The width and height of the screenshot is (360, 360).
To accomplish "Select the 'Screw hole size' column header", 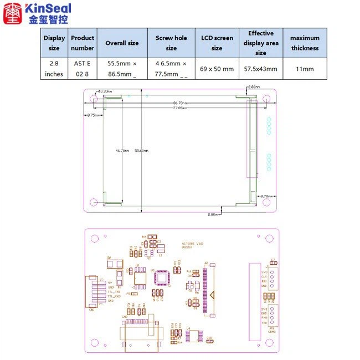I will coord(171,43).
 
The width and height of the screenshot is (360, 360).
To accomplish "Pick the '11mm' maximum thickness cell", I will coord(305,69).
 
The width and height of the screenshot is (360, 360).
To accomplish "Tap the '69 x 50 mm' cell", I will coord(217,69).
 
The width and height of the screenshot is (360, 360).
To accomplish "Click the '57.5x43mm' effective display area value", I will coord(260,69).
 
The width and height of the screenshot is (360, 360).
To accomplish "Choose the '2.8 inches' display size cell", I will coord(54,69).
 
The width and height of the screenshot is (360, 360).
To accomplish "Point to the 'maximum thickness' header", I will coord(305,43).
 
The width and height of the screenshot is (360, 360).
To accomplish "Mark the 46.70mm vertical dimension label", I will coord(122,150).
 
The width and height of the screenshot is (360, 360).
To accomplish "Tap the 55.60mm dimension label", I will coord(141,150).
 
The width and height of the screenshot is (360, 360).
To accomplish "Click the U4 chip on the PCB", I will coord(192,337).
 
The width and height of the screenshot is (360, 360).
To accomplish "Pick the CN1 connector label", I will coord(92,310).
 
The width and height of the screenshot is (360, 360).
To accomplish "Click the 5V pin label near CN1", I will coord(110,283).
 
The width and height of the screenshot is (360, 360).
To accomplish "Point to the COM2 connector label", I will coord(271,332).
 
